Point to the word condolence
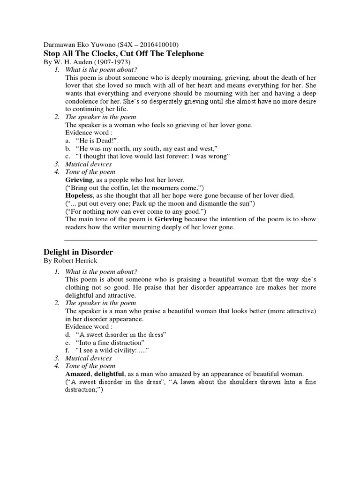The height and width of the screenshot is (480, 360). point(82,101)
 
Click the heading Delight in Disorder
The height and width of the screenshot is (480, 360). point(78,252)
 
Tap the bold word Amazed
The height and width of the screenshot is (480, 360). point(78,374)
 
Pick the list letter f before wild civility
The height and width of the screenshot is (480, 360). point(67,350)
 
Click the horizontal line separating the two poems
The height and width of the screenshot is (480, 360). point(180,240)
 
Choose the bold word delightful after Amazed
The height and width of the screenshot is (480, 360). point(109,374)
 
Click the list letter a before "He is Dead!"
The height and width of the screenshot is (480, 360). point(67,141)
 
